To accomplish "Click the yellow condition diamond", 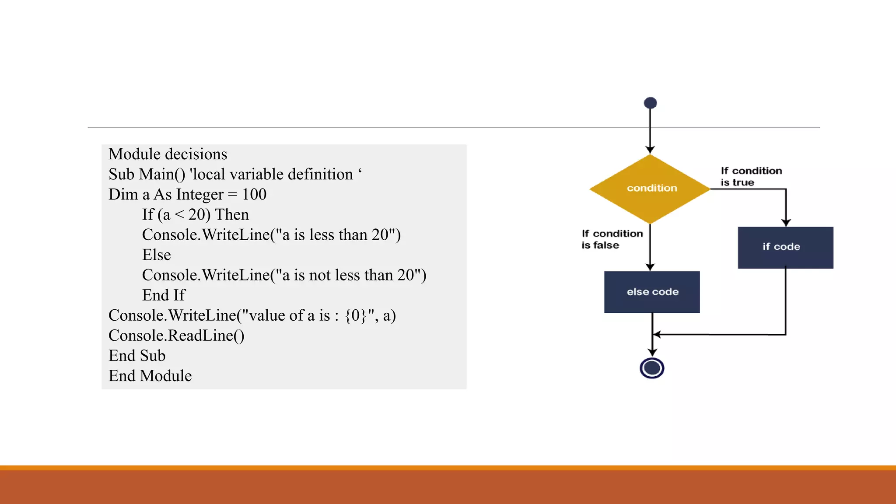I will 650,189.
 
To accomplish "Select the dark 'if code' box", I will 785,247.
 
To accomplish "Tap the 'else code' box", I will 651,292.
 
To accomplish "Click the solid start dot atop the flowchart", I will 650,103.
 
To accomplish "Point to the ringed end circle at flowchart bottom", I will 651,368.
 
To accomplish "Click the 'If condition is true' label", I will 751,176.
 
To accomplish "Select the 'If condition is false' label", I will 612,239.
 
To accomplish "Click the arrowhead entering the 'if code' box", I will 786,223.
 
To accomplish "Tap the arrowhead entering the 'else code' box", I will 650,267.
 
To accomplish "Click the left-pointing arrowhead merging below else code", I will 657,335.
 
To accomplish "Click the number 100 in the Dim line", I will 254,194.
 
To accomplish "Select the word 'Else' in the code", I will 156,255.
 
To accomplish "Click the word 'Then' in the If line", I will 232,214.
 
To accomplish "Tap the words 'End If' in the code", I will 164,295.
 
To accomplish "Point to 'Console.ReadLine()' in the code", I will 176,336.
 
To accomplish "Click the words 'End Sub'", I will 137,356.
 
